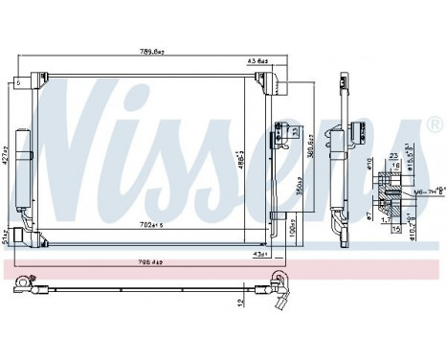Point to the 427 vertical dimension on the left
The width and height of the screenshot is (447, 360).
point(6,149)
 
